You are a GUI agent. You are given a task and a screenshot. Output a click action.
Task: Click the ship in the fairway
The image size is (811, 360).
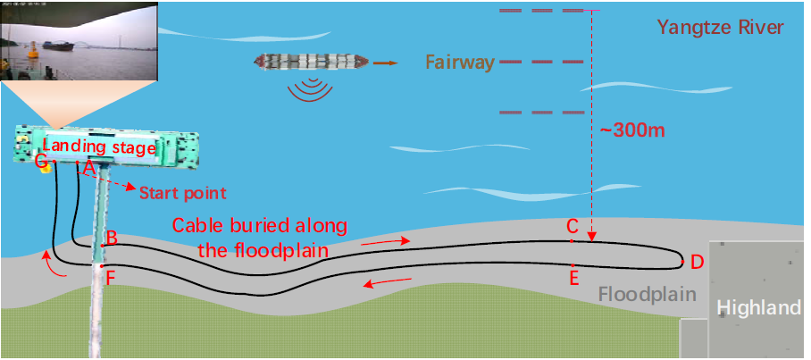click(x=310, y=62)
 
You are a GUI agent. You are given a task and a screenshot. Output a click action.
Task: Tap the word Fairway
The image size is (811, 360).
click(x=460, y=63)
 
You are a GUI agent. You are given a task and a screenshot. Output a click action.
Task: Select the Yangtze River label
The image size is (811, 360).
click(x=720, y=27)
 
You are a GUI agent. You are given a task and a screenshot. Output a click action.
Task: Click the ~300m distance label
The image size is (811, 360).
click(x=632, y=130)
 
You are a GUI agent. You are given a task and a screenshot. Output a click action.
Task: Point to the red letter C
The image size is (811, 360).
click(x=573, y=227)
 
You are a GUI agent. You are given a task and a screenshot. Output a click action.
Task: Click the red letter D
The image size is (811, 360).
click(x=698, y=262)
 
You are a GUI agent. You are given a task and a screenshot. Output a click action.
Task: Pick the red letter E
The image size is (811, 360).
click(x=574, y=277)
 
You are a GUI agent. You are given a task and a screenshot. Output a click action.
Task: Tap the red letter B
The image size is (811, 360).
click(x=112, y=238)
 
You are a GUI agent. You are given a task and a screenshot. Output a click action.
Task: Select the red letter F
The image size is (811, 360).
click(x=110, y=277)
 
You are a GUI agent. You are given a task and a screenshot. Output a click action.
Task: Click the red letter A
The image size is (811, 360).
click(x=88, y=166)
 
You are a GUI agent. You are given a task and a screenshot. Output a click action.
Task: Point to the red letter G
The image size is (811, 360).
click(x=40, y=161)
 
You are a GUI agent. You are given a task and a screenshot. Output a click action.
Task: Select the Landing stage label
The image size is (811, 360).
click(x=99, y=147)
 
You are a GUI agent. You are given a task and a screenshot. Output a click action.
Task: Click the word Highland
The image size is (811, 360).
click(x=759, y=308)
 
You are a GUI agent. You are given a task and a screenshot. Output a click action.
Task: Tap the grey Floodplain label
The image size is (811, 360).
click(x=647, y=293)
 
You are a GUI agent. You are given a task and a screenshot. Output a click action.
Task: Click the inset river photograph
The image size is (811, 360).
click(x=79, y=41)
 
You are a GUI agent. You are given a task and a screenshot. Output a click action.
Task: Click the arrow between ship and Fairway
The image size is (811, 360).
click(x=387, y=63)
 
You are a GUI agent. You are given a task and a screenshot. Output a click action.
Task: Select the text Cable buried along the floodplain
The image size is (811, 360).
click(x=259, y=237)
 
